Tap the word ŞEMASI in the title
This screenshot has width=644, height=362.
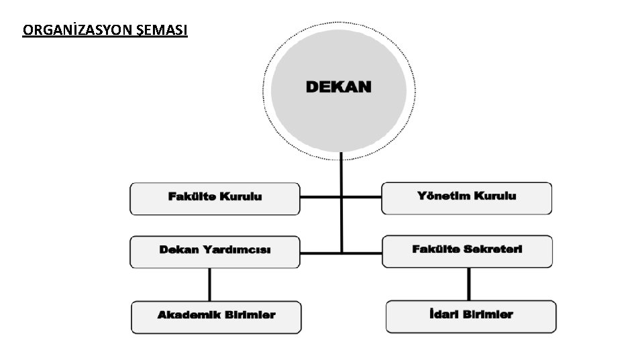point(166,30)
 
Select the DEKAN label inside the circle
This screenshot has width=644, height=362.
point(339,87)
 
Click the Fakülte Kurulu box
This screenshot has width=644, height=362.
point(215,198)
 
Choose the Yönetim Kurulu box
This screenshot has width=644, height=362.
point(467,198)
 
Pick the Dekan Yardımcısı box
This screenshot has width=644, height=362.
point(215,251)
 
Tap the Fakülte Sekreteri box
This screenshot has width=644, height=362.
point(468,251)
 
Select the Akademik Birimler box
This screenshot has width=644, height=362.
point(216,316)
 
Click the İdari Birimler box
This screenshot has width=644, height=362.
point(471,316)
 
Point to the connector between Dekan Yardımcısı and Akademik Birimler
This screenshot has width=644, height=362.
point(210,285)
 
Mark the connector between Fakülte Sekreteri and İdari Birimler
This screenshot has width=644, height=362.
point(469,284)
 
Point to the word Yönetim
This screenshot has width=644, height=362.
point(444,196)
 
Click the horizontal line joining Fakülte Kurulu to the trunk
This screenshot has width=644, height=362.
point(320,198)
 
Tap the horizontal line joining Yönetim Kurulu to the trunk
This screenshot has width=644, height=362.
point(362,198)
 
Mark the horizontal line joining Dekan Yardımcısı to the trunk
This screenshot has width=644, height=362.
point(320,253)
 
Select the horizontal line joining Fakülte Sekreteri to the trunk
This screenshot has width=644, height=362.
point(362,253)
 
